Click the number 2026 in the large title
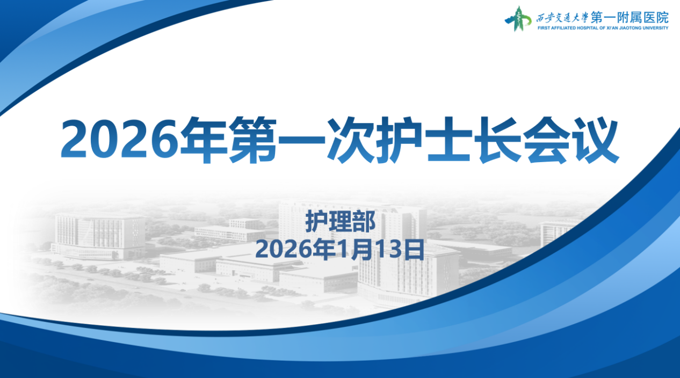click(x=119, y=139)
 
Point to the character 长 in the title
click(x=498, y=140)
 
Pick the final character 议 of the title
click(x=595, y=140)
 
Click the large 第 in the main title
click(x=252, y=140)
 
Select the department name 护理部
click(x=341, y=222)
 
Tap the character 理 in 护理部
click(x=341, y=222)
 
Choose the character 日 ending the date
click(x=414, y=249)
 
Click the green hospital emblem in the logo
click(x=518, y=19)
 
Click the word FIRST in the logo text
click(x=544, y=28)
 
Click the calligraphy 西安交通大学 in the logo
click(x=562, y=18)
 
